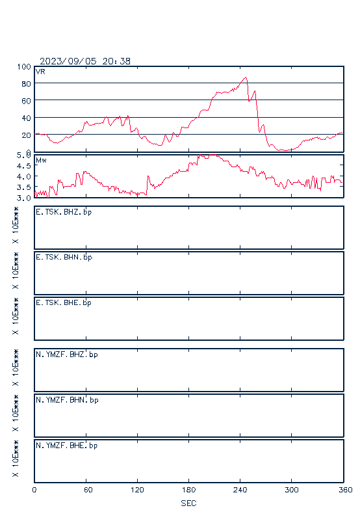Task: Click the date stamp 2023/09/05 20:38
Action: pyautogui.click(x=85, y=61)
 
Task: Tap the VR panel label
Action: pyautogui.click(x=40, y=72)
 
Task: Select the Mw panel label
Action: pyautogui.click(x=41, y=160)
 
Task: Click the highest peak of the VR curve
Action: pyautogui.click(x=246, y=77)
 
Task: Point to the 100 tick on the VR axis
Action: pyautogui.click(x=24, y=67)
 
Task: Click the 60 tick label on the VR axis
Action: pyautogui.click(x=26, y=101)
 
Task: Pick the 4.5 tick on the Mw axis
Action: pyautogui.click(x=23, y=166)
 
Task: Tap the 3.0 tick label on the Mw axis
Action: pyautogui.click(x=23, y=198)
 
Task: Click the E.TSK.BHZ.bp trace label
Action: pyautogui.click(x=64, y=212)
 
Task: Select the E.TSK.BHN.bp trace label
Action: pyautogui.click(x=64, y=258)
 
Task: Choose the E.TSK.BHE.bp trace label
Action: pyautogui.click(x=64, y=303)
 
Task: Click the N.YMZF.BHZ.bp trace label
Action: pyautogui.click(x=67, y=354)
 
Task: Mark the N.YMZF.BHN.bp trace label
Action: pyautogui.click(x=67, y=400)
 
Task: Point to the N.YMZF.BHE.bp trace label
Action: pyautogui.click(x=67, y=446)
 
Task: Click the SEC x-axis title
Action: pyautogui.click(x=188, y=503)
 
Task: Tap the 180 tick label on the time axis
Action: pyautogui.click(x=188, y=490)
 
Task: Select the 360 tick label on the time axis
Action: pyautogui.click(x=346, y=490)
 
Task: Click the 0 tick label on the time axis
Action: pyautogui.click(x=34, y=490)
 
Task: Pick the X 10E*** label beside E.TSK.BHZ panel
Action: pyautogui.click(x=15, y=225)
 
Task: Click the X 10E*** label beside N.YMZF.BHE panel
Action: pyautogui.click(x=15, y=459)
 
